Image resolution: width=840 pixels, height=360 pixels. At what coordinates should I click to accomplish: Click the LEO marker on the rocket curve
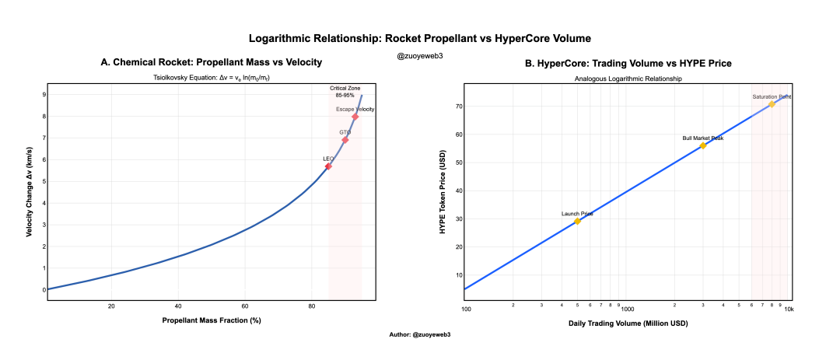tap(328, 166)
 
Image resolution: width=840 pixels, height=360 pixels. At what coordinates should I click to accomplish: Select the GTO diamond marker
tap(345, 140)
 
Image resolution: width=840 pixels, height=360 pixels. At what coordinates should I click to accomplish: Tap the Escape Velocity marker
tap(355, 117)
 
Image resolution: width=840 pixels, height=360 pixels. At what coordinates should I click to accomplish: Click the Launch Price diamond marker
tap(577, 222)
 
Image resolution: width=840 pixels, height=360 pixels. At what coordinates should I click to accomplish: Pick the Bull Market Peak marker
tap(703, 145)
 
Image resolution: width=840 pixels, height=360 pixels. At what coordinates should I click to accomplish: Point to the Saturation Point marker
tap(772, 104)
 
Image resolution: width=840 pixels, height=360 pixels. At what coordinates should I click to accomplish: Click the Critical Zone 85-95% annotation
tap(345, 92)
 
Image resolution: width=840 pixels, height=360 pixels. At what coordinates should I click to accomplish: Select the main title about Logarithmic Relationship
tap(420, 38)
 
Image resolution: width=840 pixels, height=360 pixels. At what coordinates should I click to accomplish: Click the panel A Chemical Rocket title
tap(211, 62)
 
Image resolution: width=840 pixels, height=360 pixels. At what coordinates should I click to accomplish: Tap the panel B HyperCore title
tap(628, 63)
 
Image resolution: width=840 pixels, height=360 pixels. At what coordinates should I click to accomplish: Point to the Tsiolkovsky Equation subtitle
tap(211, 79)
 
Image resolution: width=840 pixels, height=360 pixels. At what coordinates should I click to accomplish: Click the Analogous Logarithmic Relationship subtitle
tap(628, 79)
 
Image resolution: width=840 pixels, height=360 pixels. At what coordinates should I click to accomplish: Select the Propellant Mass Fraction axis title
tap(211, 320)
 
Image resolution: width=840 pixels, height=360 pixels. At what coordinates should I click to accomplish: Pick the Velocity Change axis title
tap(29, 191)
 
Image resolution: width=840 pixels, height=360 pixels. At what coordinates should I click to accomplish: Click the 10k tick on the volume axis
tap(788, 309)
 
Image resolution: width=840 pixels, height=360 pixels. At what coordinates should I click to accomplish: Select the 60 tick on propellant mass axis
tap(245, 306)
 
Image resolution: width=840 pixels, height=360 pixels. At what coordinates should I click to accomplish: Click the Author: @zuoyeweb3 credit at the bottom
tap(420, 334)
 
